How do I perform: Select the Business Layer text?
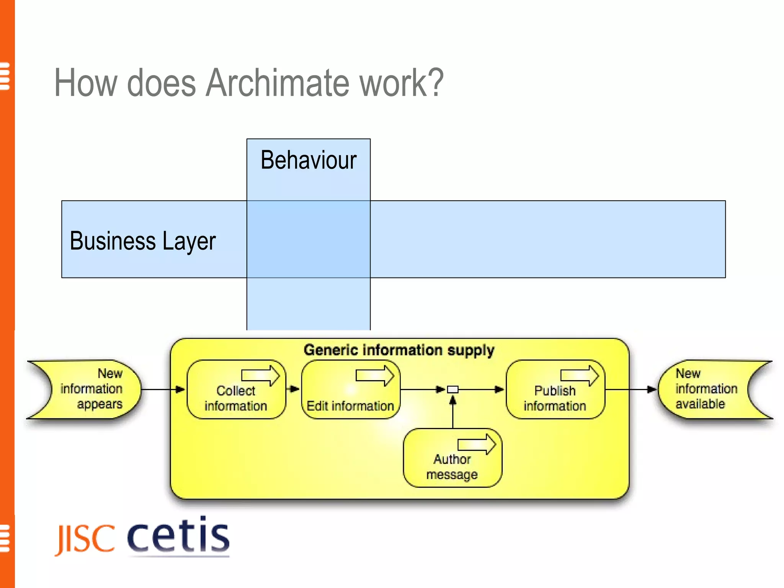142,241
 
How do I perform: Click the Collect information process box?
236,398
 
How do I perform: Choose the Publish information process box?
555,398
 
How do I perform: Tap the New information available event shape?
706,389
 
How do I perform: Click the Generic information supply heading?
399,350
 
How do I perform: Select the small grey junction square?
452,390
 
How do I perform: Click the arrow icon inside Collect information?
261,375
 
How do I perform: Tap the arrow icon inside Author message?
477,444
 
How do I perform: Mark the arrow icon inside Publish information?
580,375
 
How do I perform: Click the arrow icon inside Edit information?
375,375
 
